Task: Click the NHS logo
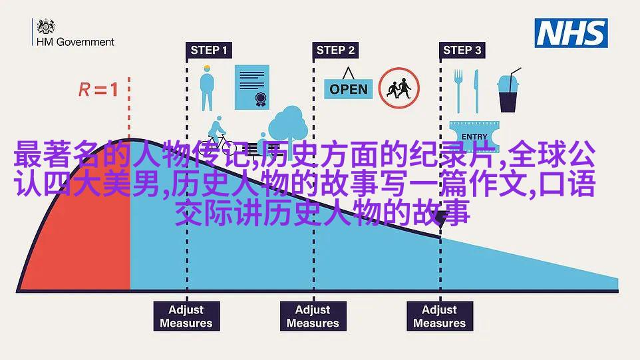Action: tap(571, 33)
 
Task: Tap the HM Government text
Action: tap(76, 42)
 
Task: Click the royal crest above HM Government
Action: tap(46, 27)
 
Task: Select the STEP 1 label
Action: tap(209, 50)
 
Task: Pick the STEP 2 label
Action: tap(335, 50)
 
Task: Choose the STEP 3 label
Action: tap(462, 50)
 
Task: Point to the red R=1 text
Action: tap(98, 89)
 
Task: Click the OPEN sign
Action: tap(348, 85)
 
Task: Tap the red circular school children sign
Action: tap(399, 88)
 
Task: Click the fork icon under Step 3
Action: tap(458, 90)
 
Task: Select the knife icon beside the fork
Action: tap(476, 91)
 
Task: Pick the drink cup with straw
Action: tap(508, 90)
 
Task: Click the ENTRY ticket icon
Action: tap(474, 135)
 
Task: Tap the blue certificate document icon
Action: tap(252, 87)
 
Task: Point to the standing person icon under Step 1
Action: tap(207, 88)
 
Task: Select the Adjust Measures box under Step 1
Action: tap(186, 316)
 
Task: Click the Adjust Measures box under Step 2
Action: tap(313, 316)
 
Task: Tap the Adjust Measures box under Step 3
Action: tap(440, 316)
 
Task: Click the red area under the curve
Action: tap(90, 237)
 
